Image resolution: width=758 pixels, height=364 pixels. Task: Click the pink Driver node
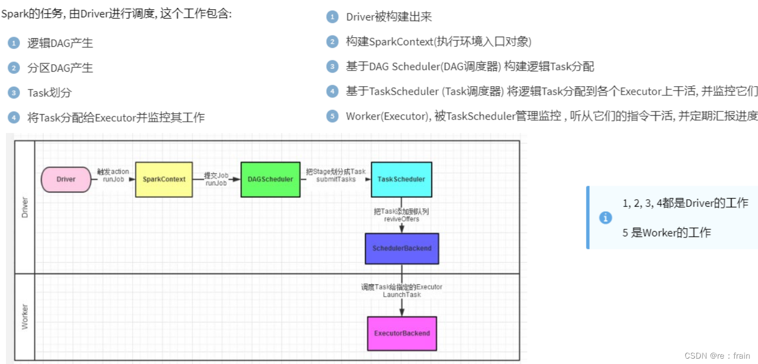[x=66, y=179]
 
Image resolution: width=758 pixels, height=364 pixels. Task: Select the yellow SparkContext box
[x=164, y=179]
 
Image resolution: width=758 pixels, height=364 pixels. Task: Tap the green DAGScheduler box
[x=270, y=179]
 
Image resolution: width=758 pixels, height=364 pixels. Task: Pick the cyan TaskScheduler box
[x=401, y=179]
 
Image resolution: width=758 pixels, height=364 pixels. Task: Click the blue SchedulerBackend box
[x=402, y=248]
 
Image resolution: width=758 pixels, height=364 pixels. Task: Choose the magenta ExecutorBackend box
[x=402, y=333]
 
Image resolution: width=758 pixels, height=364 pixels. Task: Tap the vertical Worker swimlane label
[x=24, y=317]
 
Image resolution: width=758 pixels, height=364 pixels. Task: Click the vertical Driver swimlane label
[x=24, y=207]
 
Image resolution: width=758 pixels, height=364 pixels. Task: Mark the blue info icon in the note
[x=605, y=218]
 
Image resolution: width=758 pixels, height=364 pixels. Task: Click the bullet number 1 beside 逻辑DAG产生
[x=13, y=43]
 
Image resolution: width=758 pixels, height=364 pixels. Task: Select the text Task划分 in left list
[x=50, y=93]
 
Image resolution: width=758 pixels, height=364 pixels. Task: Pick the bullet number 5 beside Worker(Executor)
[x=332, y=116]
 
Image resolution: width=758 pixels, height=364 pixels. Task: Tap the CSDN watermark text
[x=716, y=355]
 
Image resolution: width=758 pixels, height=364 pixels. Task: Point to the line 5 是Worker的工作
[x=666, y=233]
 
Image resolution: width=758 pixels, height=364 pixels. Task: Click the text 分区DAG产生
[x=60, y=68]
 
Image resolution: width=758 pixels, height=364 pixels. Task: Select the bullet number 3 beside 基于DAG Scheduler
[x=332, y=66]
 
